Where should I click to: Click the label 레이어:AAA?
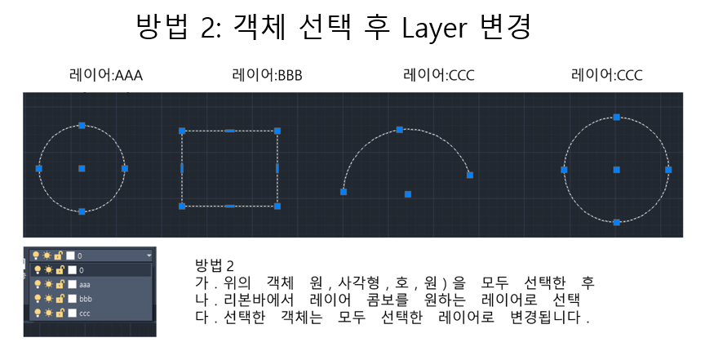(107, 76)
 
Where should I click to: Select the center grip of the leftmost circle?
(82, 168)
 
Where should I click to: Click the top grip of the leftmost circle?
(82, 125)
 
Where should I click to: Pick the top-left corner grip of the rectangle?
(182, 131)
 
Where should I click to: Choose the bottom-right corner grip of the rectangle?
(277, 207)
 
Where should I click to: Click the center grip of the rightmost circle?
(616, 170)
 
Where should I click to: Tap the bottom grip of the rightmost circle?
(616, 222)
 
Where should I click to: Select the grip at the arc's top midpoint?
(400, 129)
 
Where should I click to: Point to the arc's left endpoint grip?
(344, 192)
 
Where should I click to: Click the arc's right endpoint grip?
(470, 175)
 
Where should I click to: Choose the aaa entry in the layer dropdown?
(84, 283)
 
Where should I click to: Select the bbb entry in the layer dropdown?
(85, 298)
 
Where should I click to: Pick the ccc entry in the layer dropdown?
(85, 313)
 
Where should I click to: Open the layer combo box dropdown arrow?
(149, 256)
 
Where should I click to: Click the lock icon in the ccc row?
(60, 313)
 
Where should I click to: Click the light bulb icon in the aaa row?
(35, 283)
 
